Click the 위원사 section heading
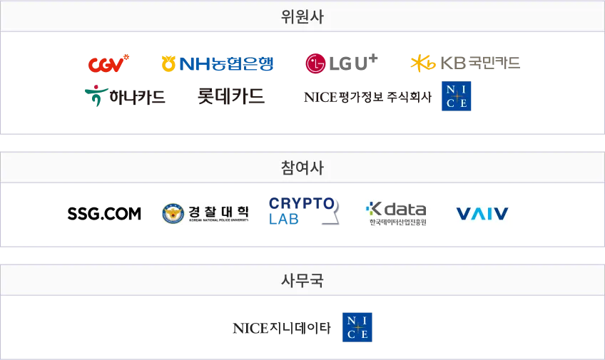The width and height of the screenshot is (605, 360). point(302,16)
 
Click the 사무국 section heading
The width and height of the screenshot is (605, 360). point(302,280)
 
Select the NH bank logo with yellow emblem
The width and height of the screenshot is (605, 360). point(217,65)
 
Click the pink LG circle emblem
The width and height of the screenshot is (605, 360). point(313,65)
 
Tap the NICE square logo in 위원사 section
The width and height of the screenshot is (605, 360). point(457,97)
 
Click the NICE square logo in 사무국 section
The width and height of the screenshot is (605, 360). point(359,325)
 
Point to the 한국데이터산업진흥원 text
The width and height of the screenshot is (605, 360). point(397,223)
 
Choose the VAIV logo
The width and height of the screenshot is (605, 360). point(482,213)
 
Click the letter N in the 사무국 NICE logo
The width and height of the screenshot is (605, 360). point(351,318)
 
